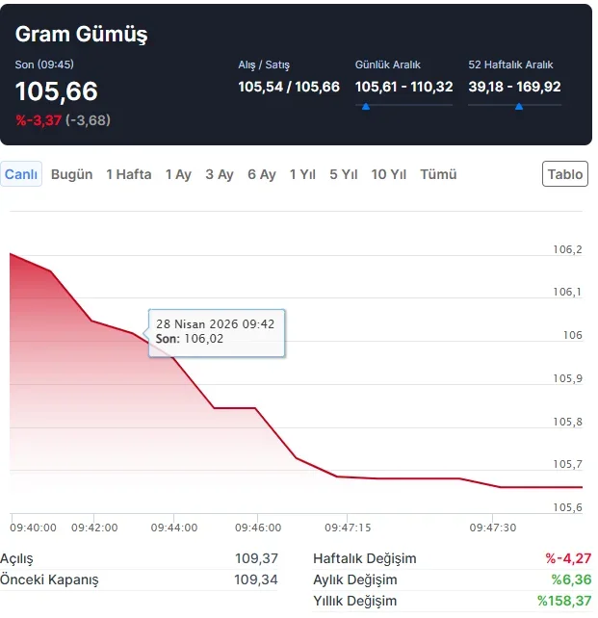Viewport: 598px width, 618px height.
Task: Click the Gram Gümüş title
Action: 81,34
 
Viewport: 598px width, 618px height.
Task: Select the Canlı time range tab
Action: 21,174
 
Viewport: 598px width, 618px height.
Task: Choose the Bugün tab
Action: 71,174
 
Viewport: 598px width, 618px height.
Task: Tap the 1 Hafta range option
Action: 128,174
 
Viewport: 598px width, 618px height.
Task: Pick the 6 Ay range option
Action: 261,174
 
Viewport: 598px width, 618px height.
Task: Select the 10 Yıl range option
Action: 388,174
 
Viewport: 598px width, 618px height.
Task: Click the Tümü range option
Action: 438,174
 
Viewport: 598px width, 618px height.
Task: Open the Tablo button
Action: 564,174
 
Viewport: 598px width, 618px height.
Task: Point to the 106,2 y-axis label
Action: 567,249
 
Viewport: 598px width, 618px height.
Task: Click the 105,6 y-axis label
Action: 567,507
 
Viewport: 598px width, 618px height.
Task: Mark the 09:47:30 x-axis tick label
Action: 492,528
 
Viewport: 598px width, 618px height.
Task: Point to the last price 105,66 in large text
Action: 56,91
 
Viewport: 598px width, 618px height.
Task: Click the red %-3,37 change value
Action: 38,120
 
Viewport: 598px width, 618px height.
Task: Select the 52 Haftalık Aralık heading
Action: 510,64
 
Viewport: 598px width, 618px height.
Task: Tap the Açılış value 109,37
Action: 256,558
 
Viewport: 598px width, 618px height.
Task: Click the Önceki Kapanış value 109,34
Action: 256,579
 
